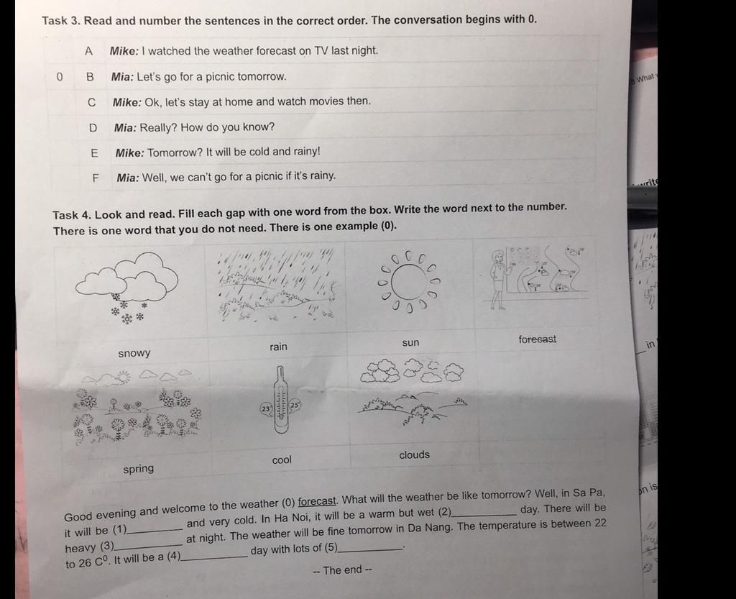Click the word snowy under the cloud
coord(134,353)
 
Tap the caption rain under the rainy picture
coord(278,347)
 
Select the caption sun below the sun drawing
coord(410,343)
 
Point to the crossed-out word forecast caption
coord(537,339)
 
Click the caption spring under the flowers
coord(139,469)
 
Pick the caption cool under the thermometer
coord(282,460)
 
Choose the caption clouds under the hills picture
coord(415,455)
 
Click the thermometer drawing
coord(281,400)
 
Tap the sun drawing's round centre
coord(410,283)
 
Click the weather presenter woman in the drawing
coord(497,280)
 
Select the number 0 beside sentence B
coord(59,76)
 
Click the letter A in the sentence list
coord(88,51)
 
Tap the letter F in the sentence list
coord(96,178)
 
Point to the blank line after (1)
coord(155,531)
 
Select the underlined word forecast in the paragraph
coord(317,501)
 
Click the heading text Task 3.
coord(60,21)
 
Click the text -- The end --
coord(342,570)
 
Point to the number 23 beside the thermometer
coord(266,408)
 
